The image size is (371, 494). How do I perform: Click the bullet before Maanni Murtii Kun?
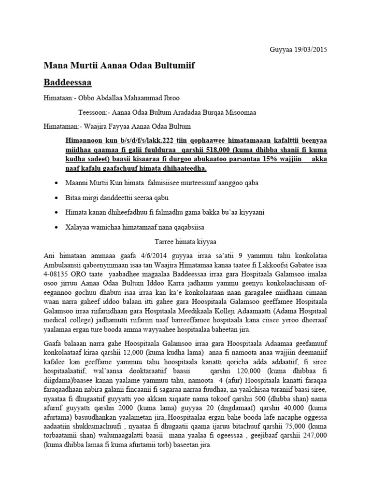click(x=58, y=184)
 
